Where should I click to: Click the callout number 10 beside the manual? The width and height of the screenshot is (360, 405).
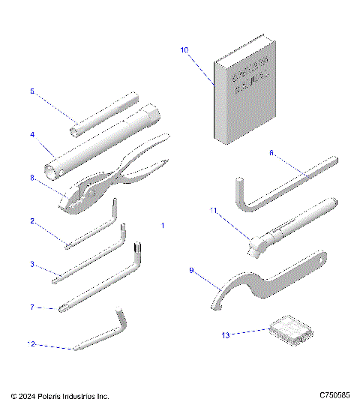tap(184, 50)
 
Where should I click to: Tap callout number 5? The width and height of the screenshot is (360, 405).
tap(31, 91)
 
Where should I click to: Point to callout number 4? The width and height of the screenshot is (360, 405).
tap(31, 135)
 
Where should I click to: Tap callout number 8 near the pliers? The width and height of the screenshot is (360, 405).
tap(31, 178)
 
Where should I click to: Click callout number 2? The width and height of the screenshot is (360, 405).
tap(31, 221)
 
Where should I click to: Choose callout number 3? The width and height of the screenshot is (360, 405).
tap(31, 264)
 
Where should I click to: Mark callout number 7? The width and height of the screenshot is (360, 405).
tap(31, 307)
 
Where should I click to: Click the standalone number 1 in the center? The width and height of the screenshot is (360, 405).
tap(163, 225)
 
